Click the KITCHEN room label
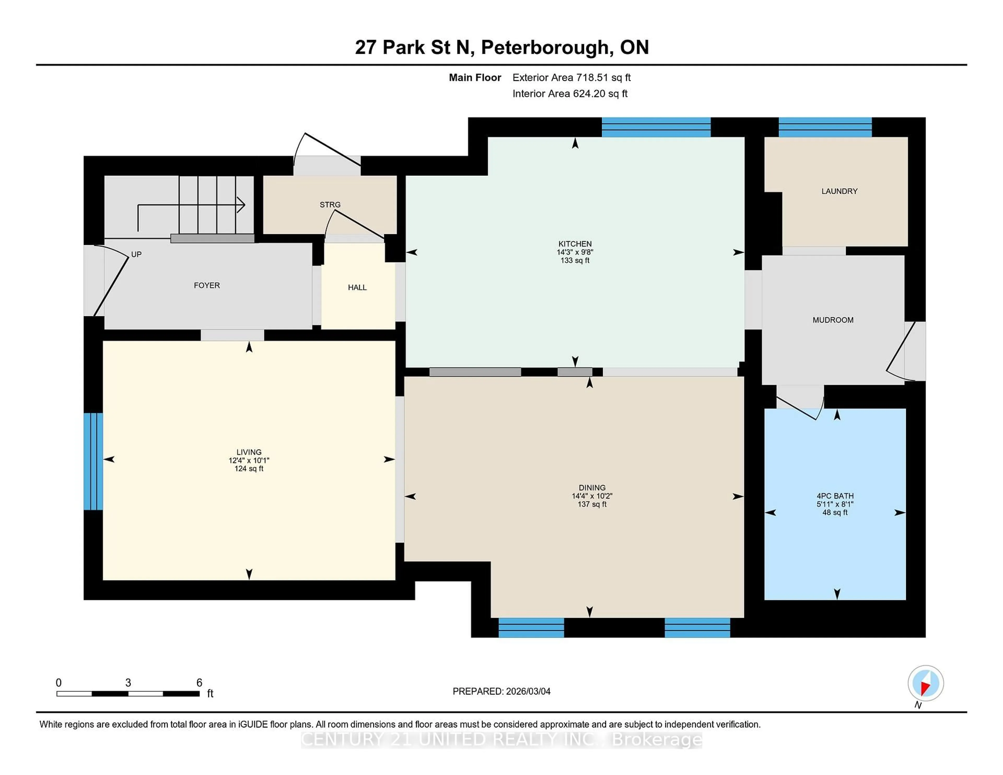click(x=575, y=244)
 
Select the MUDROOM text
click(x=833, y=320)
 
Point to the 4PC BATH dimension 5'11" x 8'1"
click(x=835, y=504)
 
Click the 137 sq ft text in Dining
click(x=592, y=504)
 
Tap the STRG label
click(x=330, y=205)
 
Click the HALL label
click(x=357, y=287)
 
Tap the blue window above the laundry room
click(x=825, y=127)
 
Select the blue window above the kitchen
click(x=656, y=127)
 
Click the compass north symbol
click(x=925, y=683)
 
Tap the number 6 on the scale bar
click(x=199, y=683)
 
